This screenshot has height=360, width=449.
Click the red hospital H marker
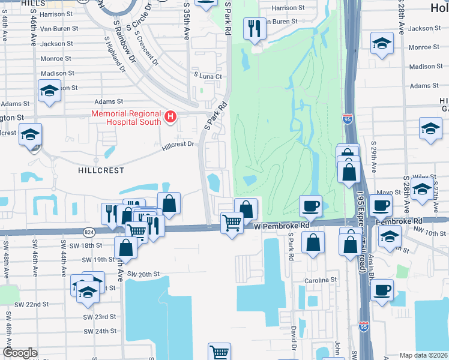point(171,116)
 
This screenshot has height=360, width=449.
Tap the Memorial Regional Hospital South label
point(126,118)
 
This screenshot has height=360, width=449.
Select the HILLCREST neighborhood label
point(101,170)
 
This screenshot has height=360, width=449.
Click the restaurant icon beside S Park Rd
point(254,28)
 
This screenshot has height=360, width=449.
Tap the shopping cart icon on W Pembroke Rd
point(232,223)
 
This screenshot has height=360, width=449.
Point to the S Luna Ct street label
point(207,76)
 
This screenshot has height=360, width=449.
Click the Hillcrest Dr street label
point(179,145)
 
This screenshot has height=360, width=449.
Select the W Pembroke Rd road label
point(280,226)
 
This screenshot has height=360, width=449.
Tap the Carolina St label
point(320,280)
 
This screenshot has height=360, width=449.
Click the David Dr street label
point(294,338)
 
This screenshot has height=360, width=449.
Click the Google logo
point(20,353)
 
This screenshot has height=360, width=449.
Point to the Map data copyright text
point(424,355)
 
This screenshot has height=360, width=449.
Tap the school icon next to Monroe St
point(381,44)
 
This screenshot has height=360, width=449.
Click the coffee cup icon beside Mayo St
point(380,206)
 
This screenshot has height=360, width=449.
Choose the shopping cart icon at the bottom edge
point(220,352)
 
